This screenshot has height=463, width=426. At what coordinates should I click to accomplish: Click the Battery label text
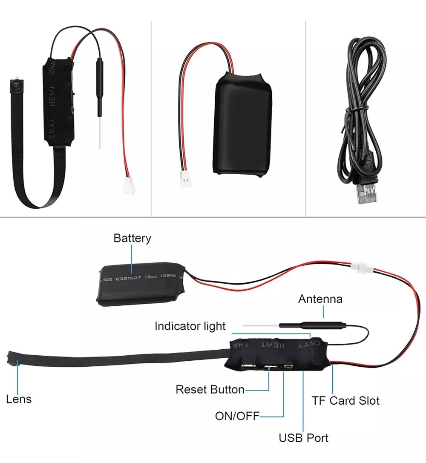tap(132, 238)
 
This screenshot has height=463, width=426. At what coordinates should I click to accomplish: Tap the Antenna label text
tap(320, 299)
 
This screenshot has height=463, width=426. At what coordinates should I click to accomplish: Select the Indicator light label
tap(190, 326)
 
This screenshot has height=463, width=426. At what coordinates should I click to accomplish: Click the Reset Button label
tap(210, 389)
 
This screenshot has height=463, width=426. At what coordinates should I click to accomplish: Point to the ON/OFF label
tap(237, 416)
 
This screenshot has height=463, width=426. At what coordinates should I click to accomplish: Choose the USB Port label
tap(303, 437)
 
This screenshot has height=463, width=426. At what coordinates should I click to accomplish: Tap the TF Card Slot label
tap(345, 400)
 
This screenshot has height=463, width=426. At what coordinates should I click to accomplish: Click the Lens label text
tap(19, 399)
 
